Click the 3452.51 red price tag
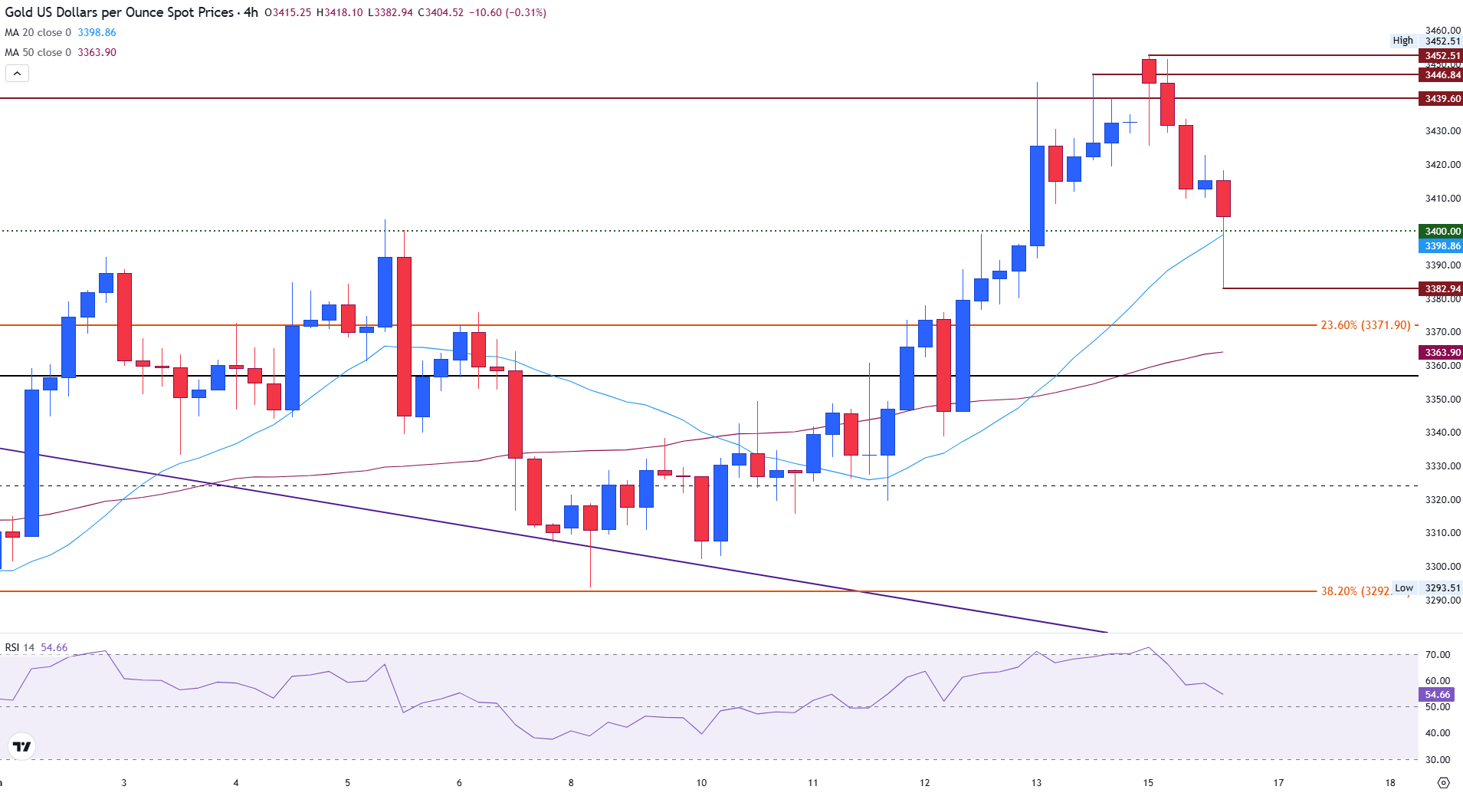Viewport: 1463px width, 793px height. (x=1442, y=56)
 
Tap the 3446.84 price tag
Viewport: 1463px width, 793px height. (x=1442, y=75)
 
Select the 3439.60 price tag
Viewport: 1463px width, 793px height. (x=1442, y=99)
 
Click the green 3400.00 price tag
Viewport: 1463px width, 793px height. (x=1442, y=232)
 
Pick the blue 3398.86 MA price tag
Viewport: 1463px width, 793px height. (x=1442, y=246)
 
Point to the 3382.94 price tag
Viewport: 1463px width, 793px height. (x=1442, y=289)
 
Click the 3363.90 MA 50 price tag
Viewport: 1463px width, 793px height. (x=1442, y=353)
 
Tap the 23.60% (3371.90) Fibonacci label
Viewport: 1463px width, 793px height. (x=1365, y=325)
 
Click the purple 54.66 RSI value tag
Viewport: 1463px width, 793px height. (x=1437, y=695)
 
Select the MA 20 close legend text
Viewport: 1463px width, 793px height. (x=38, y=33)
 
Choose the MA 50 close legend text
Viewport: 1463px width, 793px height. (x=38, y=53)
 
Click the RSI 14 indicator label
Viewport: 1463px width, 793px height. (x=20, y=648)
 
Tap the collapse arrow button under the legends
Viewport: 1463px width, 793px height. (x=17, y=74)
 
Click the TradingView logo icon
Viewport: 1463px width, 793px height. (x=22, y=746)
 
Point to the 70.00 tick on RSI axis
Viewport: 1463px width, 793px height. (x=1437, y=655)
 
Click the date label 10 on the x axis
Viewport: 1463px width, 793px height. (x=701, y=783)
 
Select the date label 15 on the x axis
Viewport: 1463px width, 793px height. (x=1148, y=783)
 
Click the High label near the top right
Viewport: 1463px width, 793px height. (x=1402, y=41)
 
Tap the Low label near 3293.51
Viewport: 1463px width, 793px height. (x=1404, y=588)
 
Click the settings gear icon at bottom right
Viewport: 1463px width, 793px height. (x=1443, y=783)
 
